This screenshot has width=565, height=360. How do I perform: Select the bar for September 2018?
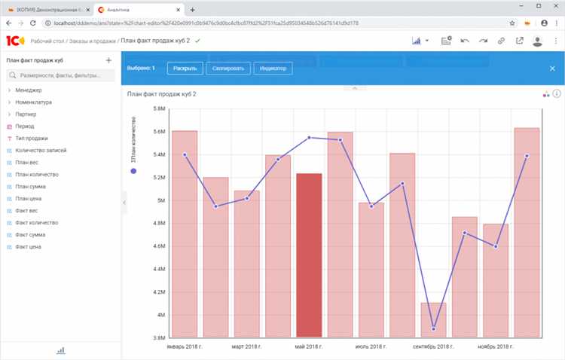pos(433,319)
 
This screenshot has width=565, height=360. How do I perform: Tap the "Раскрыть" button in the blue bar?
pos(185,69)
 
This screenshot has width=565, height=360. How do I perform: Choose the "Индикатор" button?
pos(273,69)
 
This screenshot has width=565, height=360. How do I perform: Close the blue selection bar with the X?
pos(552,69)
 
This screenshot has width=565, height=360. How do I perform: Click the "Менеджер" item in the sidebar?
pos(29,90)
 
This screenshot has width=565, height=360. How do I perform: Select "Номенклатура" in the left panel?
pos(33,102)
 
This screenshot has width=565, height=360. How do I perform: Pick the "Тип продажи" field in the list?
pos(31,139)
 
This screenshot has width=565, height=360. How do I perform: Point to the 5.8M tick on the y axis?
pos(159,108)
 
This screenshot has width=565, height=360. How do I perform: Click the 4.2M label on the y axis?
pos(159,292)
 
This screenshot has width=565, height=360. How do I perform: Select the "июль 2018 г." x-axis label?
pos(371,346)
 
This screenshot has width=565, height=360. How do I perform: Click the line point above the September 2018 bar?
pos(434,329)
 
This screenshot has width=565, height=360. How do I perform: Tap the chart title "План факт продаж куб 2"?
pos(162,94)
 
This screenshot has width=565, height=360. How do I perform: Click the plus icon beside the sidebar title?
pos(108,60)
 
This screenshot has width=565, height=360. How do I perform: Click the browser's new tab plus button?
pos(193,10)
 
